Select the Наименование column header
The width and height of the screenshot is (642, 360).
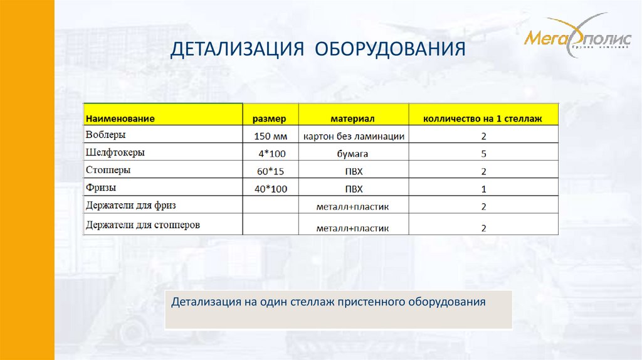tap(120, 118)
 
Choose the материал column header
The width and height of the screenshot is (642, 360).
tap(352, 118)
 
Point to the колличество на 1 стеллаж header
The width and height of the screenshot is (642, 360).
tap(483, 118)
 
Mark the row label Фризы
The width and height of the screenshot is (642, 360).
tap(101, 188)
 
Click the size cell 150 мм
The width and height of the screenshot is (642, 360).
tap(270, 136)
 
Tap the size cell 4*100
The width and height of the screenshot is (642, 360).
tap(270, 154)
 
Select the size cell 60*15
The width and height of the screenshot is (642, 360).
tap(270, 171)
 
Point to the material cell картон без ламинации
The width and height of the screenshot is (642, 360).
tap(354, 136)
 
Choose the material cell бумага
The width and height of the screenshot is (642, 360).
tap(354, 154)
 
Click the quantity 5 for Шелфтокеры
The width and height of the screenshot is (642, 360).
tap(483, 154)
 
